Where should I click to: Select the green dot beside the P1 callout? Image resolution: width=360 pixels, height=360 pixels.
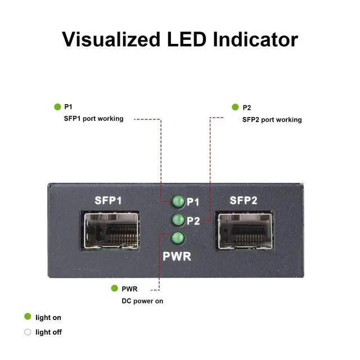pos(57,106)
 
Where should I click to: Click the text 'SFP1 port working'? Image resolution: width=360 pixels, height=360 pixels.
pos(93,119)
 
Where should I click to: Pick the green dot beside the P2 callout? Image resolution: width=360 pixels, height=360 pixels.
pos(235,107)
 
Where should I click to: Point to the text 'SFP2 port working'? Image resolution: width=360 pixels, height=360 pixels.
pos(272,119)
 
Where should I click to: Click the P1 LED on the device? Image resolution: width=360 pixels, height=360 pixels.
pos(178,201)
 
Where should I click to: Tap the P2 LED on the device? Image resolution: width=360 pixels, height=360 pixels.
pos(178,220)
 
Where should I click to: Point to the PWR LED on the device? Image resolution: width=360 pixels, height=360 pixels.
pos(178,238)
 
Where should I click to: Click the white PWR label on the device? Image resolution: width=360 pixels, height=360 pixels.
pos(177,257)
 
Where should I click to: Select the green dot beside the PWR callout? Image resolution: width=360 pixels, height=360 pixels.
pos(114,289)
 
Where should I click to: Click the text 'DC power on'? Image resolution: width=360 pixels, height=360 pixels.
pos(142,301)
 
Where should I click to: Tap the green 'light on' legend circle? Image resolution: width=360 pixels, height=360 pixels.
pos(28,317)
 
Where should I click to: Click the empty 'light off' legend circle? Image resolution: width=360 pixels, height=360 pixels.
pos(28,332)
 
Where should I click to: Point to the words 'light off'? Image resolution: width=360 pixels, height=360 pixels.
pos(48,332)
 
